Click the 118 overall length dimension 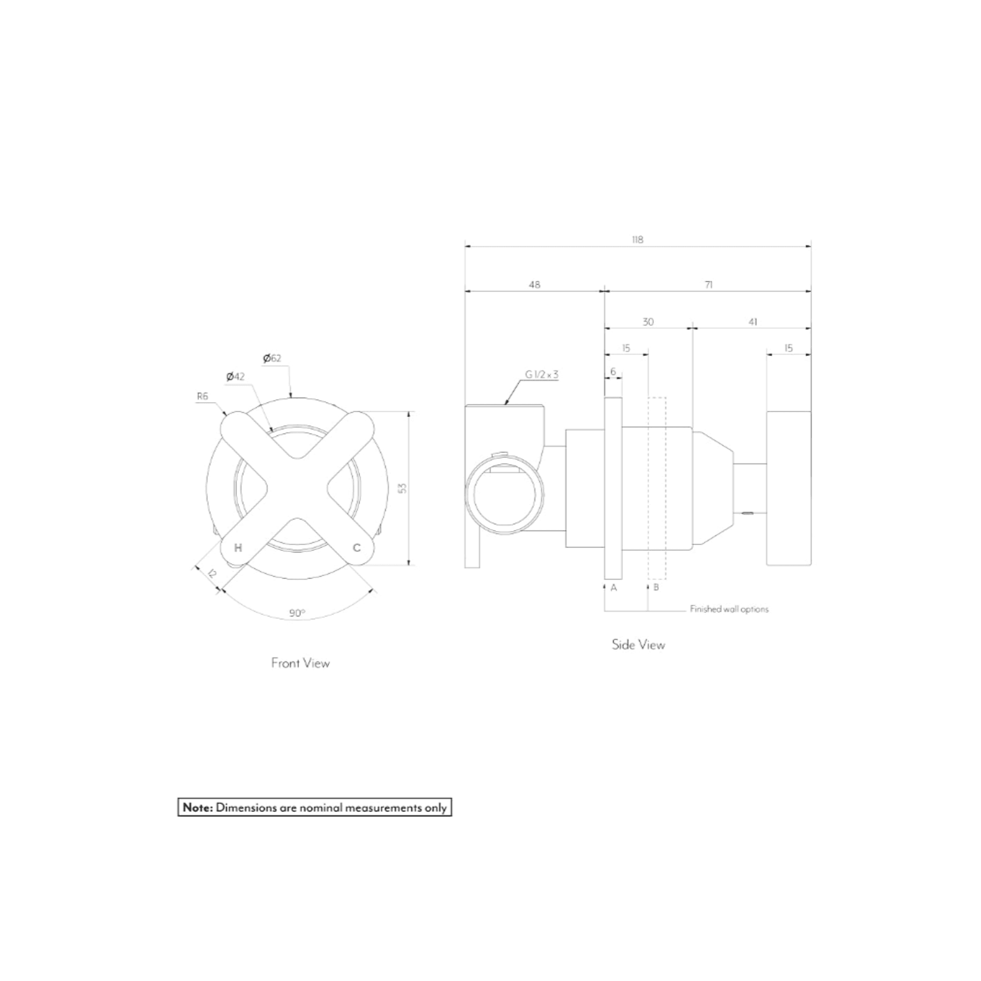pyautogui.click(x=637, y=239)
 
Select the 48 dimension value pyautogui.click(x=534, y=284)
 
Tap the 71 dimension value pyautogui.click(x=708, y=284)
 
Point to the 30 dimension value pyautogui.click(x=648, y=322)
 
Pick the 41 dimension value pyautogui.click(x=753, y=322)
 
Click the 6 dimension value pyautogui.click(x=613, y=372)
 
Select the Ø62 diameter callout pyautogui.click(x=272, y=358)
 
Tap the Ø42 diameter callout pyautogui.click(x=235, y=376)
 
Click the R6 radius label pyautogui.click(x=203, y=396)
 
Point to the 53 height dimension pyautogui.click(x=402, y=488)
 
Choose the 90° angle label pyautogui.click(x=297, y=613)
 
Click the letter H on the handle pyautogui.click(x=238, y=548)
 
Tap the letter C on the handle pyautogui.click(x=356, y=548)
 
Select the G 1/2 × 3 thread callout pyautogui.click(x=541, y=375)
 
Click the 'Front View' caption pyautogui.click(x=300, y=663)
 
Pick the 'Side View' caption pyautogui.click(x=638, y=645)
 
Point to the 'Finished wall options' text pyautogui.click(x=729, y=609)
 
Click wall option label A pyautogui.click(x=613, y=587)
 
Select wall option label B pyautogui.click(x=656, y=587)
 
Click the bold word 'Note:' pyautogui.click(x=198, y=808)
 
